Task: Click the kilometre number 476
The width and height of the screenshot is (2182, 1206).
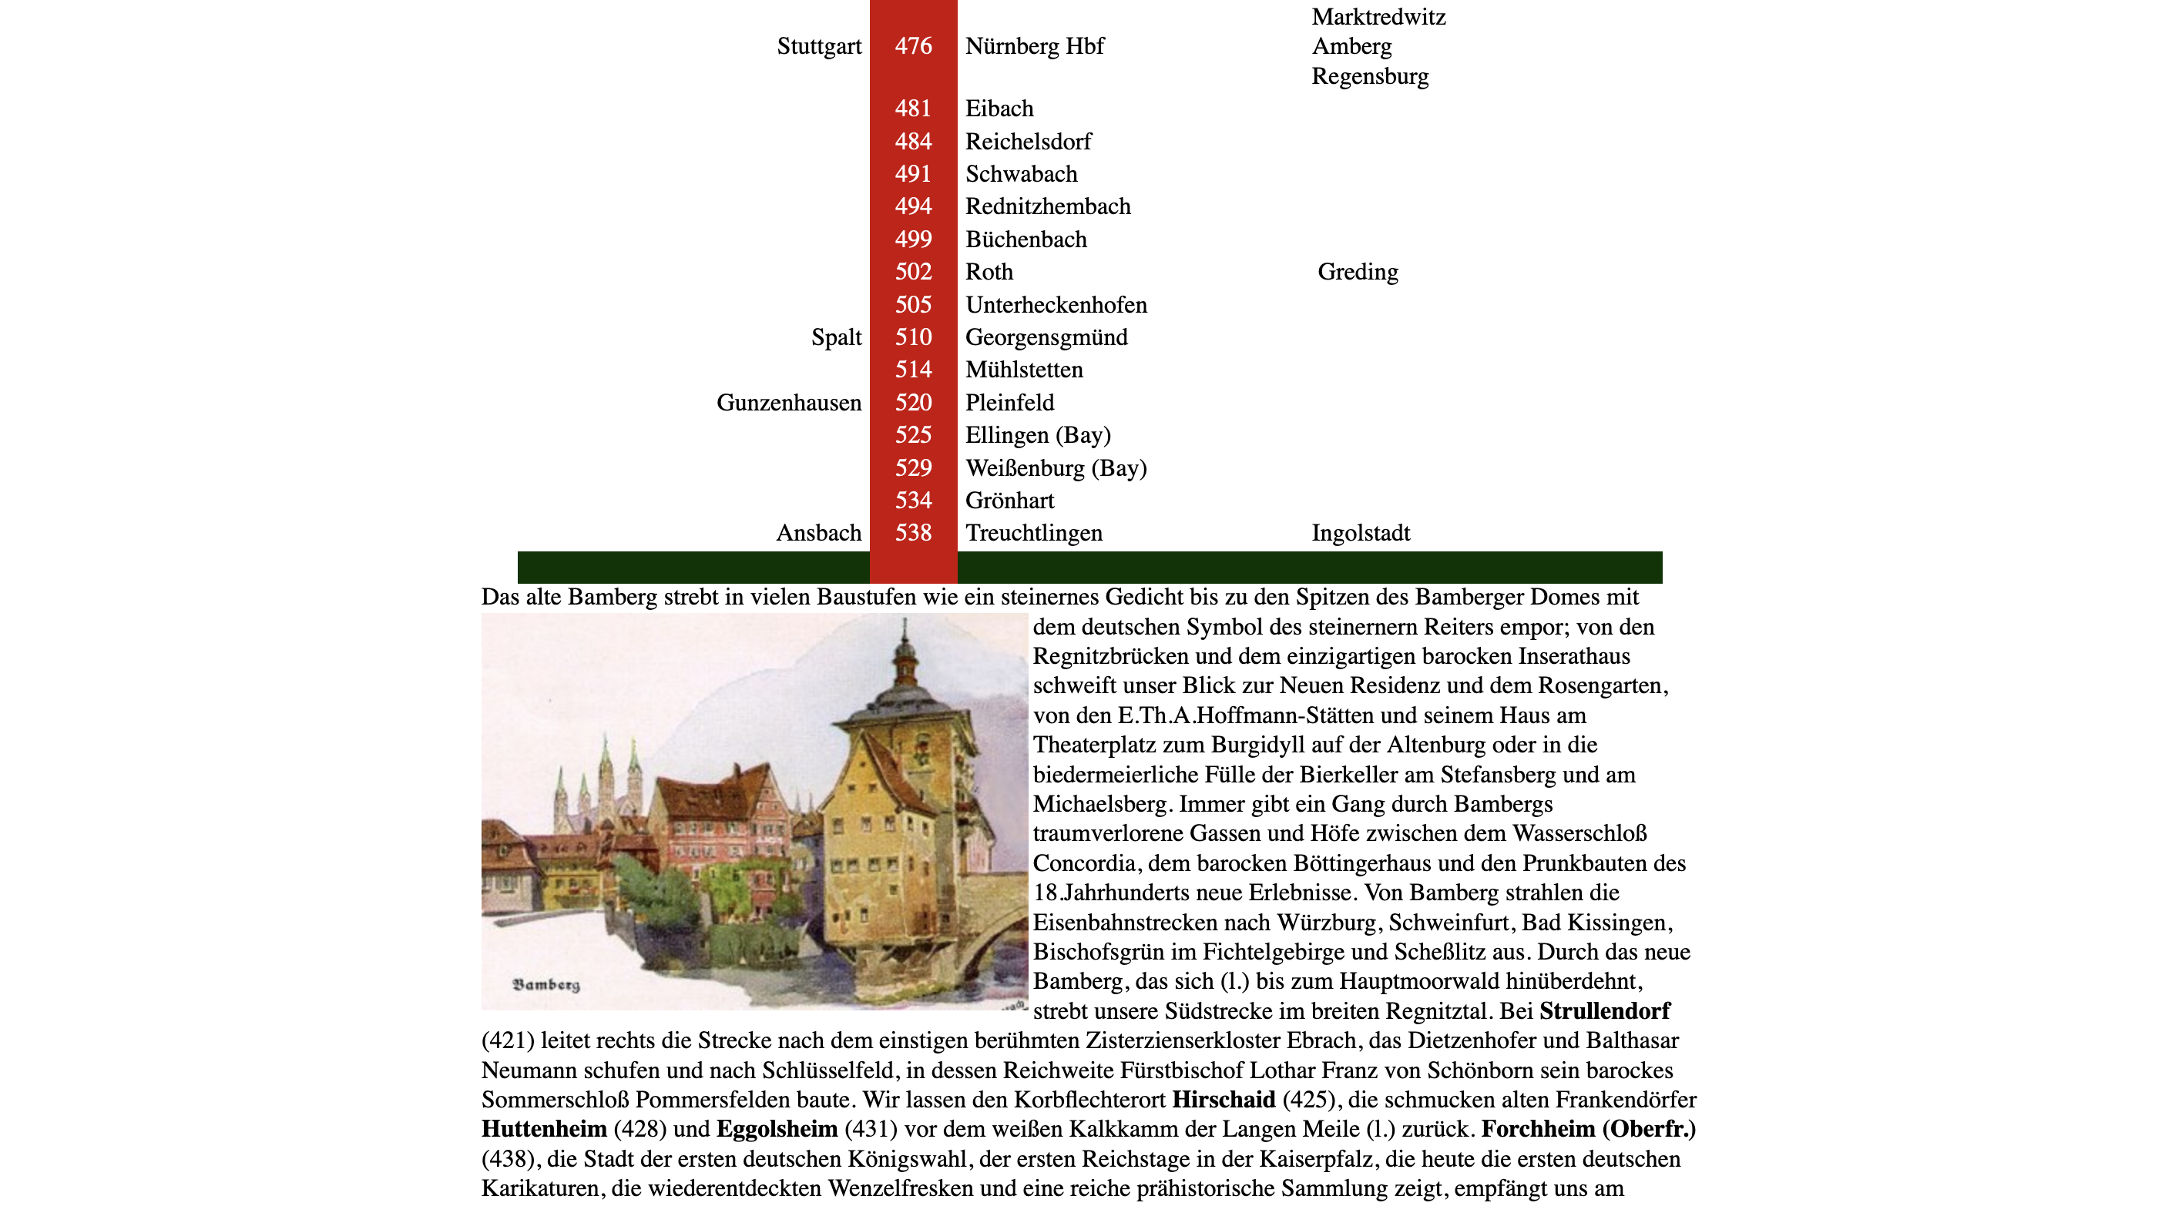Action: (913, 46)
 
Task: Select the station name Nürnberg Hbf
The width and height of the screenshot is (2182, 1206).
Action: (1034, 46)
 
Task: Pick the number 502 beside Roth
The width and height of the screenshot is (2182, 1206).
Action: (913, 272)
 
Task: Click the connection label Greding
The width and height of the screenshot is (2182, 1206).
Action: (1357, 272)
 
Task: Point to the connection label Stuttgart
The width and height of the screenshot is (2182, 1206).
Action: (818, 46)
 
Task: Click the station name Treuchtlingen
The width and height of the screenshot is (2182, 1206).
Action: (1033, 534)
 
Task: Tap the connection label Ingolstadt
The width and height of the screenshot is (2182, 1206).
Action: (1361, 534)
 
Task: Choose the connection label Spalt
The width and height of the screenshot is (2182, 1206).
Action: (835, 338)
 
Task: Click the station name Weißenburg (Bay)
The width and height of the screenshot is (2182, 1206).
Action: (1056, 468)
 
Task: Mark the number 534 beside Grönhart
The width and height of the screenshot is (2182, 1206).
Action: (913, 501)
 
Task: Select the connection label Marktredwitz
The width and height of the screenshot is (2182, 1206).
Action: (1378, 17)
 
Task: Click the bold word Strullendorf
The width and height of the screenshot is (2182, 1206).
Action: (1604, 1011)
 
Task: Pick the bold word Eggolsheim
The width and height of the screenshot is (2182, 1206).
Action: (776, 1130)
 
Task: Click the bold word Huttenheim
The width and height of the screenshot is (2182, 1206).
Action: (544, 1130)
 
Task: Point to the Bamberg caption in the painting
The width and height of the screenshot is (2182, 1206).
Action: (546, 985)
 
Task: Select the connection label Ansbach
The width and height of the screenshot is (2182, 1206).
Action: (818, 534)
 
